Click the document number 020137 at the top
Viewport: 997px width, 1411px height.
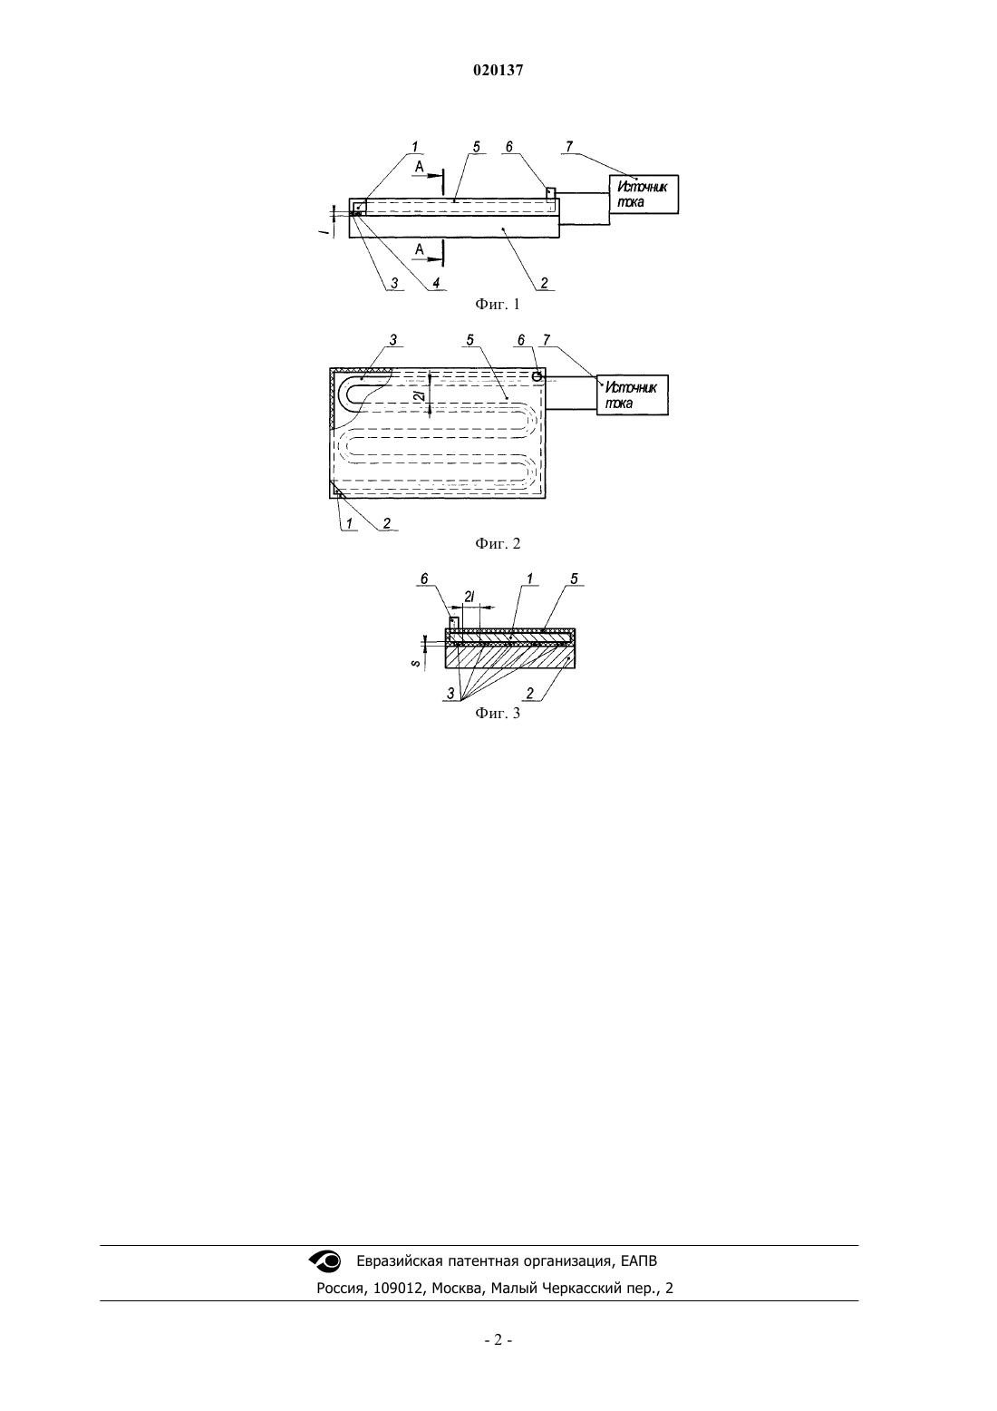[x=498, y=71]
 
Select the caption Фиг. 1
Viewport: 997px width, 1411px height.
[x=498, y=305]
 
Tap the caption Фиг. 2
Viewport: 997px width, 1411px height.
[x=498, y=543]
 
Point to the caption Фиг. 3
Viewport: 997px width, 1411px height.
[x=498, y=713]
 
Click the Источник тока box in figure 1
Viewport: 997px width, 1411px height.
[x=644, y=195]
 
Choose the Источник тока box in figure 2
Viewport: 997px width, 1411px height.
[x=633, y=395]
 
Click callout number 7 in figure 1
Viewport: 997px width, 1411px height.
[x=569, y=147]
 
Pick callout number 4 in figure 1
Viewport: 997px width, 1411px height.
[x=436, y=284]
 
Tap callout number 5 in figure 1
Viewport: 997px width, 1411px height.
[x=476, y=147]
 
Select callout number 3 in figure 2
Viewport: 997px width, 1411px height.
[x=393, y=340]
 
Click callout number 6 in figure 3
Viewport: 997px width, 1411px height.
[x=424, y=579]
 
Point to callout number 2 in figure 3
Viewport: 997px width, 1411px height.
[x=529, y=694]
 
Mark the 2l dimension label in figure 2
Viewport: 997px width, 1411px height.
[x=420, y=396]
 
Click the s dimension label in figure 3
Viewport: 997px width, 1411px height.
[x=417, y=663]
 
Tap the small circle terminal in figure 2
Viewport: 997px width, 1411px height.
[x=537, y=376]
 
